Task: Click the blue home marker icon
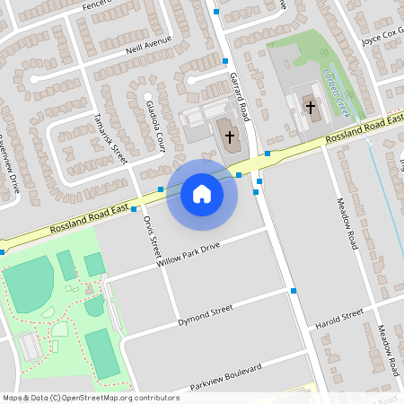[202, 194]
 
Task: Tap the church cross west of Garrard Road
[229, 137]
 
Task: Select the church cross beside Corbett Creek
[311, 107]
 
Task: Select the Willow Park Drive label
[186, 256]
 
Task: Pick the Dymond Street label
[206, 314]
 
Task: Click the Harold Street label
[339, 320]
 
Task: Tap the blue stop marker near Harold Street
[294, 291]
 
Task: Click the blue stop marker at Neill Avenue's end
[224, 61]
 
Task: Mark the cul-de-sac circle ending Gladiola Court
[146, 95]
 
